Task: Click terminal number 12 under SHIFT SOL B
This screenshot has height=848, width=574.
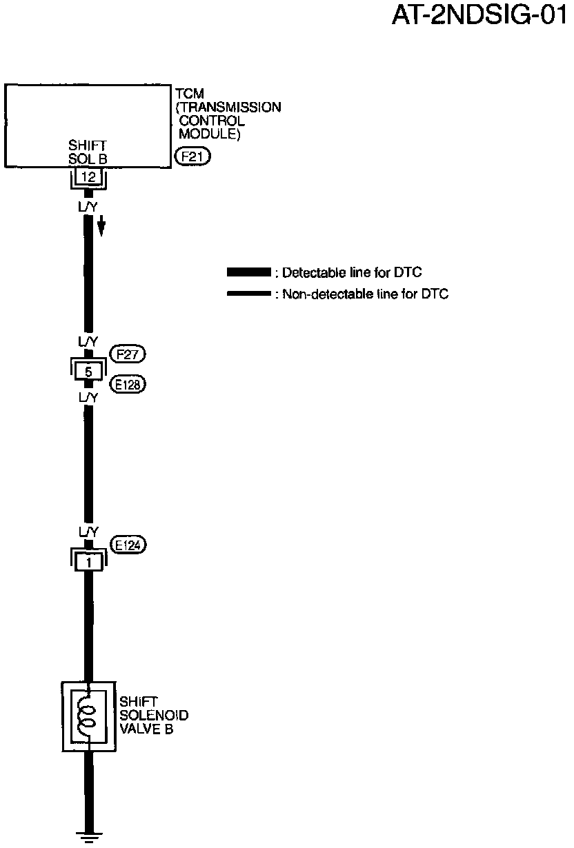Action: [x=88, y=177]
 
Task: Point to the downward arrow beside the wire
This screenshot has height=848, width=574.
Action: [x=101, y=225]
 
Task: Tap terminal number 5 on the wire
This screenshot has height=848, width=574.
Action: [x=88, y=372]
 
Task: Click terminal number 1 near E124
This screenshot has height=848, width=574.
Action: [x=88, y=561]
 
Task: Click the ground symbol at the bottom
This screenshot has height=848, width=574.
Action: [x=88, y=838]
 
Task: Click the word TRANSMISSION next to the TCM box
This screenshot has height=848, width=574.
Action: [x=229, y=108]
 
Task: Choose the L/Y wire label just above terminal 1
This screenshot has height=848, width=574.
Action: [x=88, y=532]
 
